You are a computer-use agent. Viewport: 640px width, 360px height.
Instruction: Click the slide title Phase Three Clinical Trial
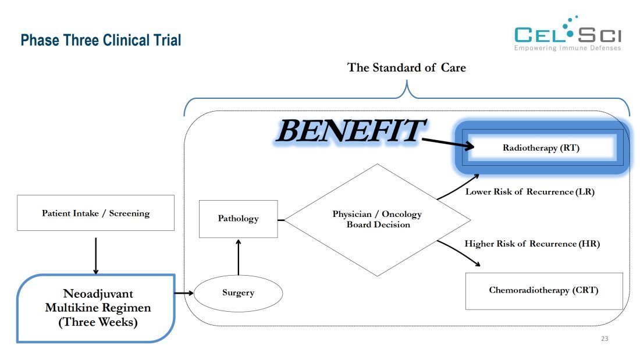pos(101,40)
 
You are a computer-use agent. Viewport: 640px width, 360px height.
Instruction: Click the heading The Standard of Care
pos(407,67)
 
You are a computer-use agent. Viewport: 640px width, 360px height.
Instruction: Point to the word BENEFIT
pos(350,131)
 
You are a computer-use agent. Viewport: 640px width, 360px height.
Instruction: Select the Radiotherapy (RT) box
pos(541,148)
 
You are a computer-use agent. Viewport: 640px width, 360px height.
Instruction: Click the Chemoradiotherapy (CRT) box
pos(543,290)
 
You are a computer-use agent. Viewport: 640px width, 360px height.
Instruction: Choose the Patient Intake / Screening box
pos(95,213)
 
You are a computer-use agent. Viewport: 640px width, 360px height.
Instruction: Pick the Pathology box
pos(238,219)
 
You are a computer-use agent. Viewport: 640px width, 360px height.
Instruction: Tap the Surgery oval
pos(238,293)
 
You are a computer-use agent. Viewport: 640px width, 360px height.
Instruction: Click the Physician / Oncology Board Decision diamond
pos(377,219)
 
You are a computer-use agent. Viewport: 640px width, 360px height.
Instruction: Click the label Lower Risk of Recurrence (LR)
pos(529,191)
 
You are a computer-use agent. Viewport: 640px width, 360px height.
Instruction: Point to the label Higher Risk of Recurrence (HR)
pos(532,244)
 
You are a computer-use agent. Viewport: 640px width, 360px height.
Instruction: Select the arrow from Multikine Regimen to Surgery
pos(184,293)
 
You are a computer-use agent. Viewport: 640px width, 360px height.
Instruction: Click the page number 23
pos(604,338)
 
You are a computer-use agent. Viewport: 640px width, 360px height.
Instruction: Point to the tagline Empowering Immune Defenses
pos(567,48)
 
